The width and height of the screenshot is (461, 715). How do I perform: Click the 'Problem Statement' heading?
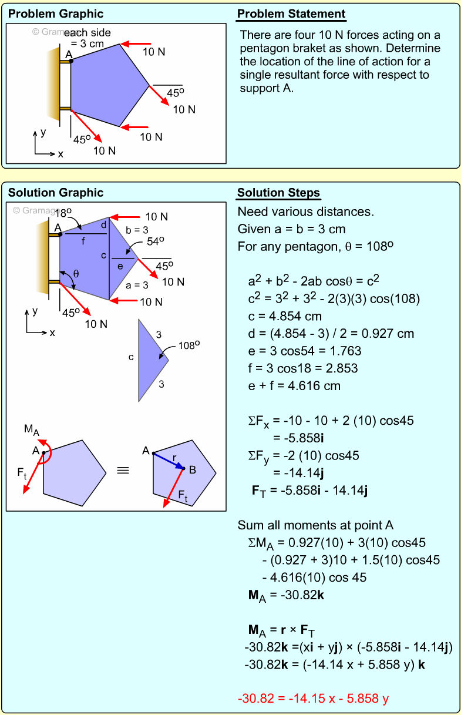coord(291,14)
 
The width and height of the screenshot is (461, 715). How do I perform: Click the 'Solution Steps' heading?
coord(278,193)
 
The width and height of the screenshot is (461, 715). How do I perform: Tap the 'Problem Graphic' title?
coord(56,14)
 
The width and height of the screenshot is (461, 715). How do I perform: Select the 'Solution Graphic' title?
coord(56,193)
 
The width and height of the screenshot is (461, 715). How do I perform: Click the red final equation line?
coord(313,699)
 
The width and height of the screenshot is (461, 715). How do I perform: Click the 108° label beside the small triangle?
coord(190,345)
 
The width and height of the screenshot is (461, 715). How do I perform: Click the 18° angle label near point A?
coord(63,213)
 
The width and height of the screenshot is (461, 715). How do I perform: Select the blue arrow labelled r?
coord(169,461)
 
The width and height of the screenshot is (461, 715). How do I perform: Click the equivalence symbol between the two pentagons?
coord(123,470)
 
